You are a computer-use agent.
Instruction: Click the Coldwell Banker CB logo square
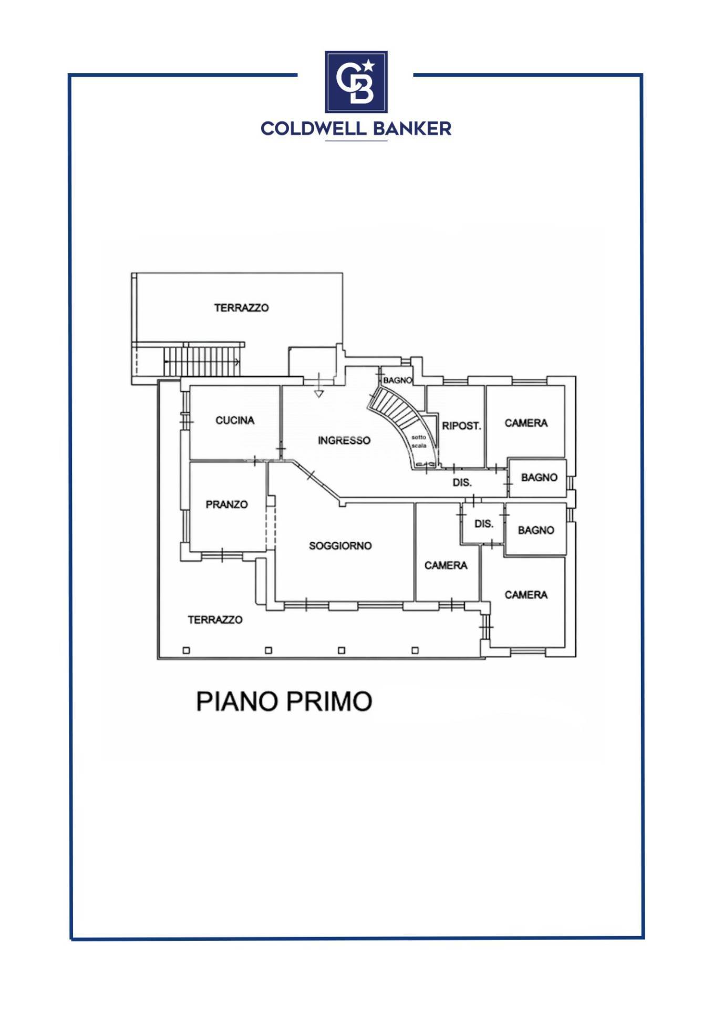click(x=356, y=82)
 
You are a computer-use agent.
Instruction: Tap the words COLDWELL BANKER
click(x=356, y=129)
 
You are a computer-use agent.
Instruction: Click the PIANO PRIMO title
click(x=284, y=701)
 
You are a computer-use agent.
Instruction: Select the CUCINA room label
click(x=235, y=420)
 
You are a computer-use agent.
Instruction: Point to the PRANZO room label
click(x=226, y=504)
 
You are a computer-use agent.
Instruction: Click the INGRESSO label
click(x=344, y=440)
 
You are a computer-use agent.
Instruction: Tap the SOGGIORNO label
click(x=340, y=546)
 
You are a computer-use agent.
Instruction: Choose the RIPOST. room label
click(x=462, y=426)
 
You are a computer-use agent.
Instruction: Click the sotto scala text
click(x=419, y=441)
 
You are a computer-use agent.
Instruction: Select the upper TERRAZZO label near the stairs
click(x=241, y=308)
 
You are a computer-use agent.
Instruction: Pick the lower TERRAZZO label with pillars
click(x=215, y=620)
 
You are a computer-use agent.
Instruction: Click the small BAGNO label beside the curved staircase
click(x=398, y=380)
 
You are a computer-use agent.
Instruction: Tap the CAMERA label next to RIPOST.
click(x=526, y=423)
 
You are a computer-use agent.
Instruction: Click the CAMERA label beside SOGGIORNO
click(x=446, y=565)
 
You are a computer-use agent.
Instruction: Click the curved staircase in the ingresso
click(x=402, y=423)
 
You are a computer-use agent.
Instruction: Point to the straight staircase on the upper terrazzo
click(x=202, y=362)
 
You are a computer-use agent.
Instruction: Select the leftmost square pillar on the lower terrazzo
click(x=186, y=651)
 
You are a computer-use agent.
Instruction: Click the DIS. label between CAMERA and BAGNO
click(x=484, y=524)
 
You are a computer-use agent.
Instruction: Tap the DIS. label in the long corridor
click(x=462, y=482)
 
